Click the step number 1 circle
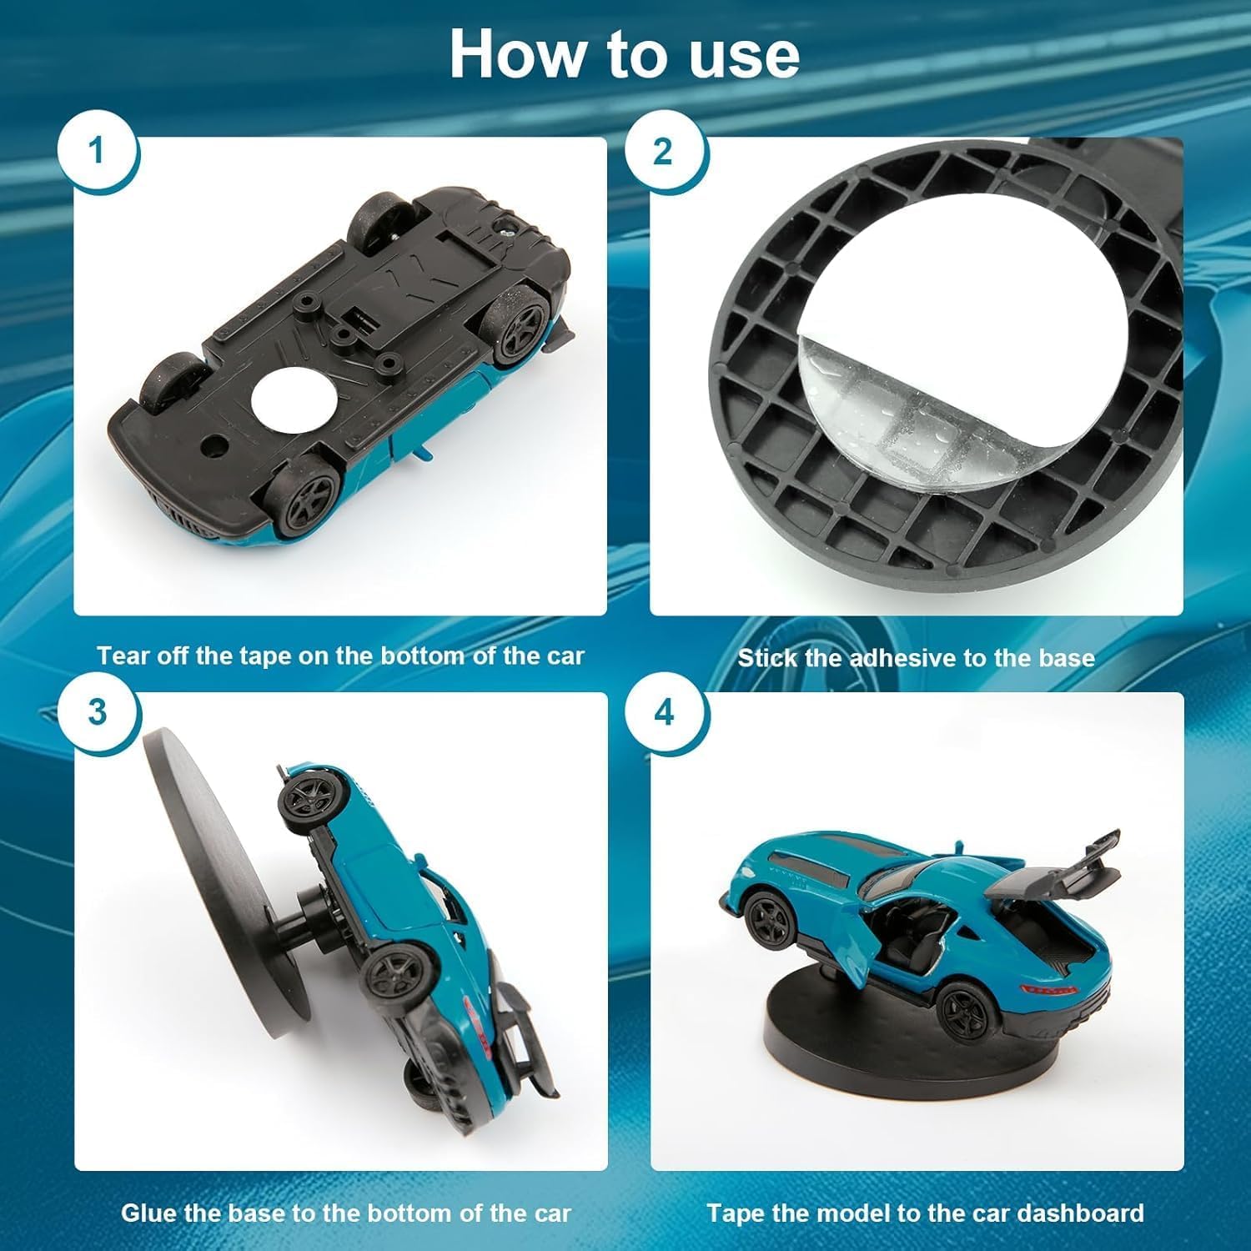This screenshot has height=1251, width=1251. click(x=98, y=152)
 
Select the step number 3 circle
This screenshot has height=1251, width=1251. click(x=98, y=713)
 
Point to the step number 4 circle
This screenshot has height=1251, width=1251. click(x=665, y=713)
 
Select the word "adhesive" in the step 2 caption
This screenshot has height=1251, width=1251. click(x=903, y=658)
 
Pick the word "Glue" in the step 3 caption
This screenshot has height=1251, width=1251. click(x=148, y=1213)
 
